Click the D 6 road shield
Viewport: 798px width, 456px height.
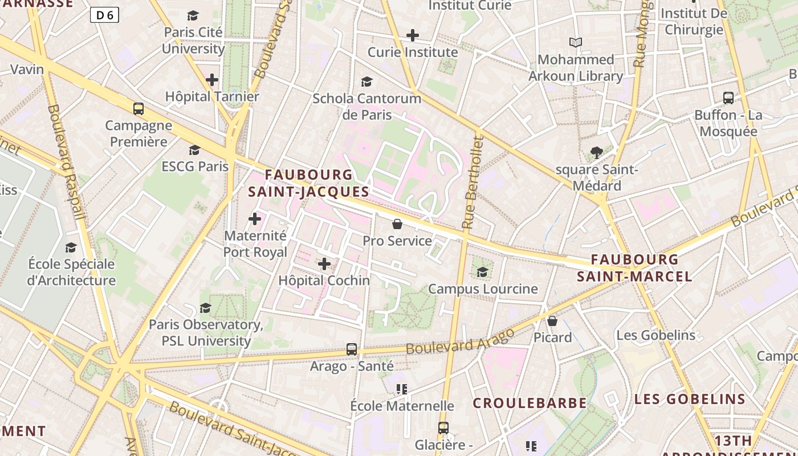[x=104, y=15]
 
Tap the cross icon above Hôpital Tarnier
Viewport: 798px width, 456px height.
[x=212, y=80]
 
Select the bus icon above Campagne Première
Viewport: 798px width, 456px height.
[x=138, y=109]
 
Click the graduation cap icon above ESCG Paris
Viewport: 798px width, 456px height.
[x=194, y=150]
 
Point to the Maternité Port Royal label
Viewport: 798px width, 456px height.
[x=255, y=243]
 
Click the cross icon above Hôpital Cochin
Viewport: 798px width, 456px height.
[x=324, y=264]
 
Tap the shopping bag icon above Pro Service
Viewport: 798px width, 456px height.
[x=397, y=224]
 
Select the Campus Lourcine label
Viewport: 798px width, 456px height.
[x=483, y=289]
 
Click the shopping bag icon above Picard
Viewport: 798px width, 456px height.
[x=552, y=321]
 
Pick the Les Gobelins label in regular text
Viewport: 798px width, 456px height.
[x=655, y=335]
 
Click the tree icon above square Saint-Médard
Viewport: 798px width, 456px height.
[x=597, y=153]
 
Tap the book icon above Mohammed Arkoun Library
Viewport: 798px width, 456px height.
[x=576, y=43]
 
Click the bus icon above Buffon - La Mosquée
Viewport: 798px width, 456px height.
[x=728, y=97]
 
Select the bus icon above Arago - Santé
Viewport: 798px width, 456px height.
[x=352, y=349]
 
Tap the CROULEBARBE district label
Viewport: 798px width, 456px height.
[x=530, y=403]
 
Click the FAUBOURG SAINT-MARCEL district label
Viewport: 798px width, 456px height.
[x=634, y=268]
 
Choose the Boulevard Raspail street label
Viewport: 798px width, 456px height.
[x=67, y=162]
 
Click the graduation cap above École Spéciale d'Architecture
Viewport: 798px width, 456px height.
[x=71, y=247]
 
